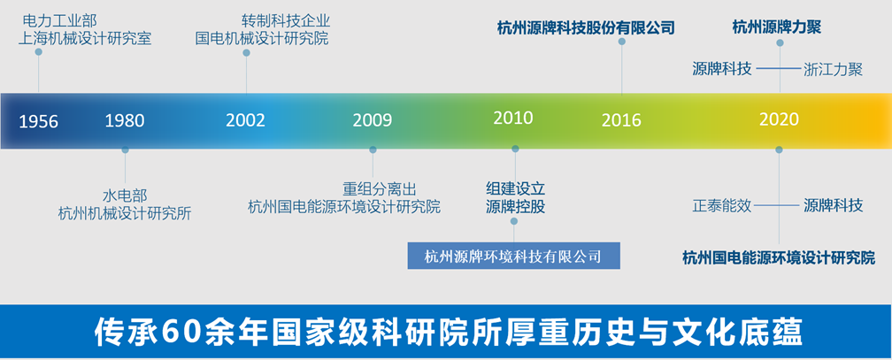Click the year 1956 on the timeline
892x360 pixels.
point(39,121)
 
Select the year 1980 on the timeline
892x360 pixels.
point(125,120)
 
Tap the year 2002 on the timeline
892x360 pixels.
point(245,120)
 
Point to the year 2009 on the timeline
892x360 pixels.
point(372,120)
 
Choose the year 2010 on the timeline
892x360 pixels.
point(513,118)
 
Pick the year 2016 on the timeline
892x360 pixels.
point(621,120)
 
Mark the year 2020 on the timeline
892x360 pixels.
point(779,119)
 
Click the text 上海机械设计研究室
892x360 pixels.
point(85,38)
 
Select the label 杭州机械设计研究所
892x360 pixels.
point(124,212)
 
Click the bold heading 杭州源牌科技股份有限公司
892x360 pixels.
point(586,27)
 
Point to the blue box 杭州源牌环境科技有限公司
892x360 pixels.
point(513,257)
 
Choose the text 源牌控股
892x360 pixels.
point(515,207)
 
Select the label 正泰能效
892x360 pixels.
point(721,205)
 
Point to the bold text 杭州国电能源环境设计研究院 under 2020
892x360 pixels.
point(779,257)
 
